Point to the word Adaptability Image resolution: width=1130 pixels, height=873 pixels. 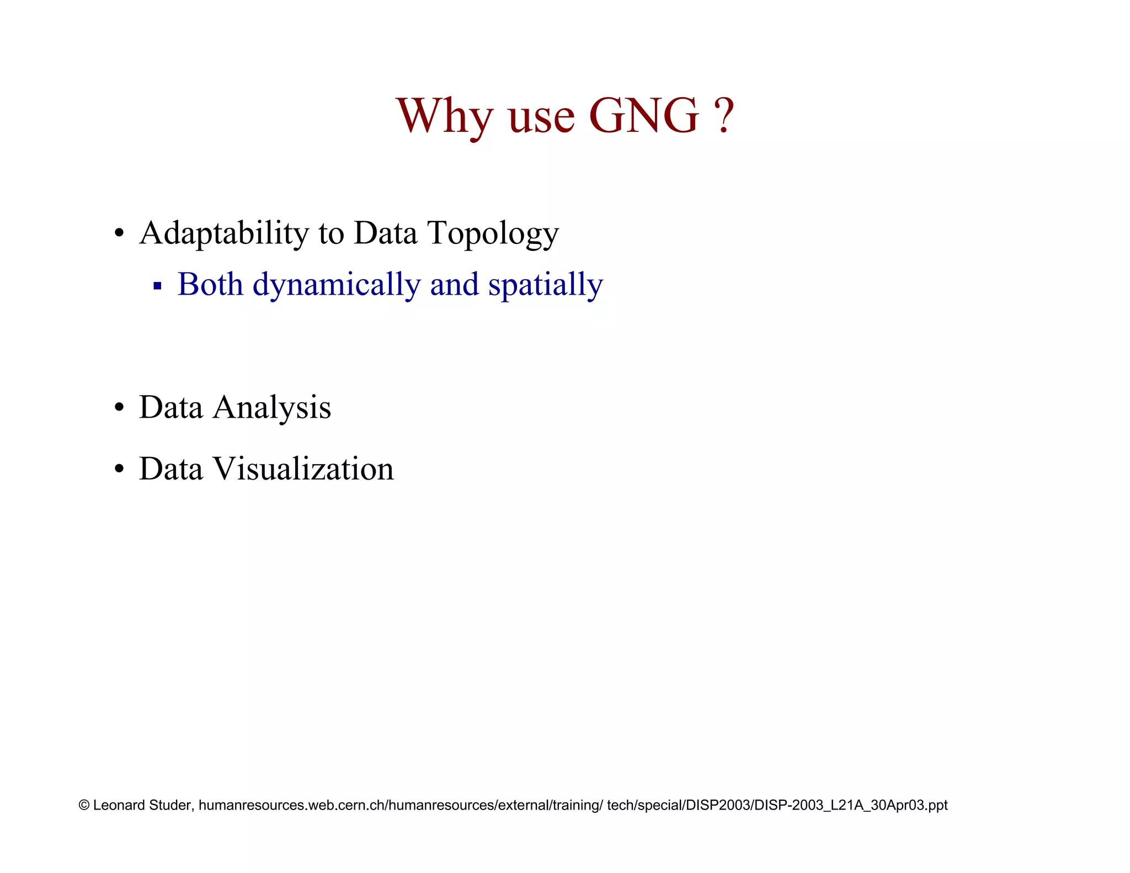[x=223, y=233]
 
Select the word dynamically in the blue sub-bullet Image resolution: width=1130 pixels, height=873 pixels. [x=336, y=285]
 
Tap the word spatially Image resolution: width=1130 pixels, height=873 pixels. [x=545, y=285]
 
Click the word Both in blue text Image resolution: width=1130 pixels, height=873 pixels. [x=210, y=284]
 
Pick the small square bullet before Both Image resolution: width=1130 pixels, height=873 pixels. [x=157, y=286]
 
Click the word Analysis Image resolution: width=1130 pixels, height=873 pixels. [x=271, y=408]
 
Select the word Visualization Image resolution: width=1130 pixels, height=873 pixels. [x=303, y=469]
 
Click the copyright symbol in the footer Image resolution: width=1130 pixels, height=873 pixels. [x=84, y=805]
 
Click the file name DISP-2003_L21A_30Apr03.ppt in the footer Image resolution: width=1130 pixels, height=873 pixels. [x=851, y=805]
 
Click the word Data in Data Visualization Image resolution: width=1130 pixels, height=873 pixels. [x=170, y=469]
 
